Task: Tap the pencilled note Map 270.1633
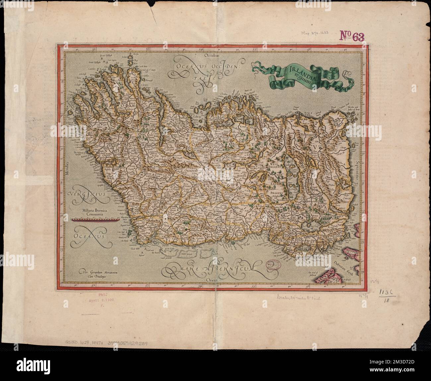(x=316, y=33)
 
